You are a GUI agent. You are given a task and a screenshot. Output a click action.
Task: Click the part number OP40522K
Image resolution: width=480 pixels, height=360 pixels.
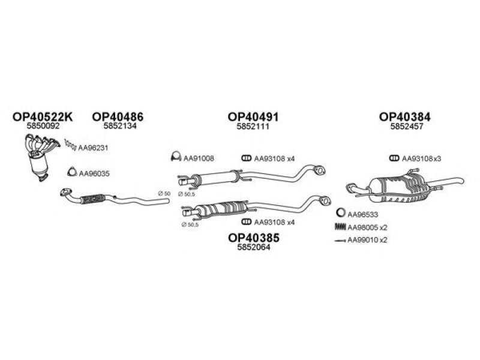(43, 116)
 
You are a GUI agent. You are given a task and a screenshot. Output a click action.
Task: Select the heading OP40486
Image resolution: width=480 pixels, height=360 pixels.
(118, 116)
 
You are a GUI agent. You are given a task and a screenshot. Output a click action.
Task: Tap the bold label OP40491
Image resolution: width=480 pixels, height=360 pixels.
(253, 116)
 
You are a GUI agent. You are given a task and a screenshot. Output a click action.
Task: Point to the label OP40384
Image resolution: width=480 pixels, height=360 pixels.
(404, 116)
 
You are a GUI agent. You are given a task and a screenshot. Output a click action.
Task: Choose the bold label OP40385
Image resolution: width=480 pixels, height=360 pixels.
(254, 238)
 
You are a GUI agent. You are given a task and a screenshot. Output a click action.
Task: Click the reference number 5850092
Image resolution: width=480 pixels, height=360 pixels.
(43, 126)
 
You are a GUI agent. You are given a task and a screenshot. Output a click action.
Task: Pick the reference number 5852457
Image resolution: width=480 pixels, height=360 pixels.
(407, 127)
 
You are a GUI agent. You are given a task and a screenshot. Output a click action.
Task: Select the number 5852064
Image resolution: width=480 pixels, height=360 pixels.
(254, 247)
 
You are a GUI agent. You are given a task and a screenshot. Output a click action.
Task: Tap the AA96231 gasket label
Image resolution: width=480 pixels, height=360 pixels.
(93, 148)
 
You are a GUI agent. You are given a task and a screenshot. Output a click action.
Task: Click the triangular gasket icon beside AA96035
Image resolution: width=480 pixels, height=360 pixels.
(72, 172)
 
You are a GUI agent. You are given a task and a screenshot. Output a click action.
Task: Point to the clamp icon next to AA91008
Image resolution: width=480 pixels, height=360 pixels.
(176, 157)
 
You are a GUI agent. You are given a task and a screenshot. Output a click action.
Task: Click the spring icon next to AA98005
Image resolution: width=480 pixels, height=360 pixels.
(340, 227)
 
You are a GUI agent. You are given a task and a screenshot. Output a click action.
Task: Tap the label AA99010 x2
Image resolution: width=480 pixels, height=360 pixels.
(367, 239)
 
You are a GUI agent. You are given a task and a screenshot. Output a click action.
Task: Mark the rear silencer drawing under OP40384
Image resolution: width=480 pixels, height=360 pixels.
(404, 186)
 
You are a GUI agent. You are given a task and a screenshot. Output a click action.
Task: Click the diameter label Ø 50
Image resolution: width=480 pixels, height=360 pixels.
(164, 193)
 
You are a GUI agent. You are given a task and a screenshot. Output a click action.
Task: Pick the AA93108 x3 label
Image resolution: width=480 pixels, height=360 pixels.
(422, 158)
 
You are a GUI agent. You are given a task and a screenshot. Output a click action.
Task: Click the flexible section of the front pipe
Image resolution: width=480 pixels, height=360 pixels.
(92, 199)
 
